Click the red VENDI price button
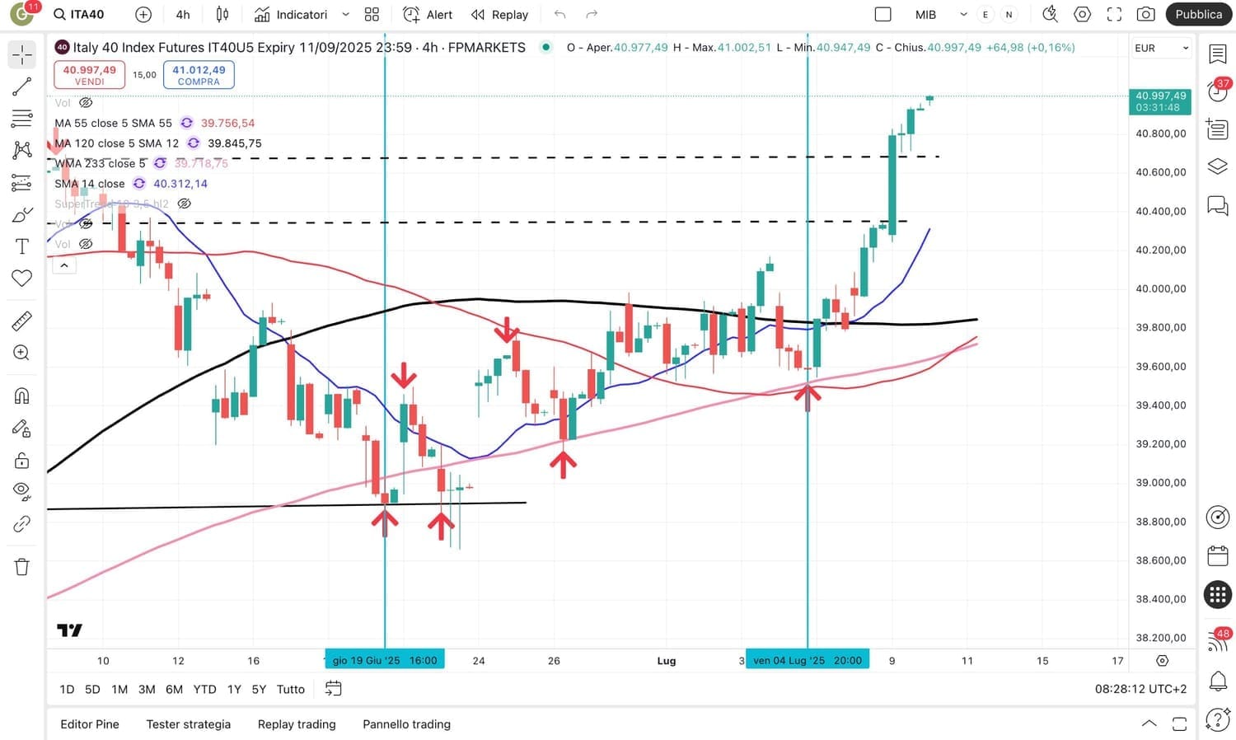pos(89,74)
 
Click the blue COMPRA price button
pos(199,74)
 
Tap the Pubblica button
pos(1198,14)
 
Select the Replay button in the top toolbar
pos(500,15)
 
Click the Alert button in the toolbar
pos(428,15)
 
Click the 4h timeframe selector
pos(183,15)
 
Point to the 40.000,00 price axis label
pos(1160,288)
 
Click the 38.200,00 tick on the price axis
pos(1160,637)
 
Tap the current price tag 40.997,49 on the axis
pos(1160,96)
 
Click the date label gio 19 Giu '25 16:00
pos(385,660)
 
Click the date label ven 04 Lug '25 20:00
pos(808,660)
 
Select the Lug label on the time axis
pos(667,661)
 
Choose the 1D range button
pos(67,689)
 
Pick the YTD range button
pos(204,689)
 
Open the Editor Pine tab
pos(90,724)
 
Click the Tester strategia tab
pos(189,724)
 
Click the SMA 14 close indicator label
pos(90,184)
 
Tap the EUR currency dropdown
pos(1161,48)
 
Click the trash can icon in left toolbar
pos(22,567)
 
